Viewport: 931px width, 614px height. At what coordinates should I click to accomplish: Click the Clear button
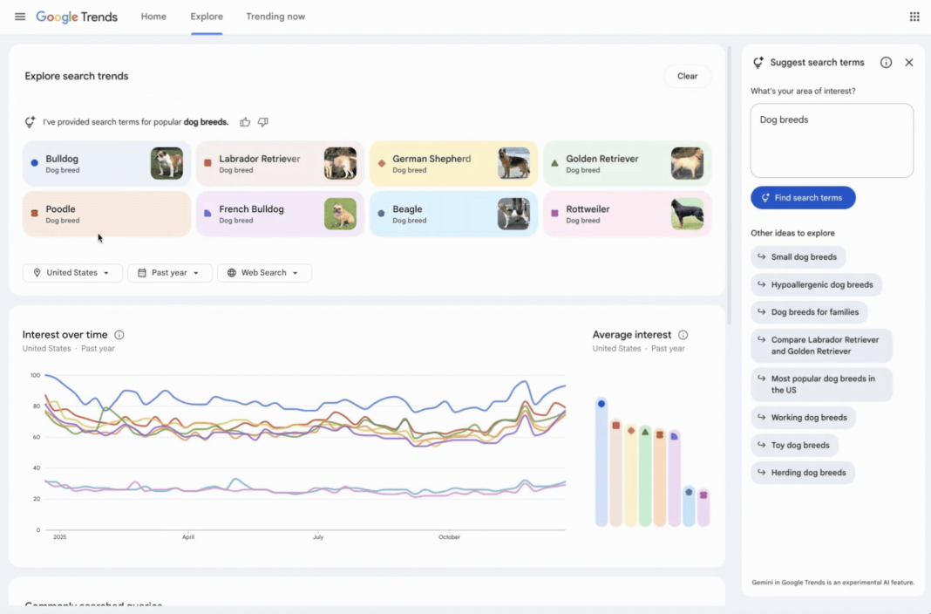point(687,76)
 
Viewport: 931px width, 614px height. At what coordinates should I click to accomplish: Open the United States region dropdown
point(72,273)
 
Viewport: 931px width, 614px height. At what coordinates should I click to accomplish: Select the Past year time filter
point(169,273)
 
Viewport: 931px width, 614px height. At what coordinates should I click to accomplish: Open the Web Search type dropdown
point(264,273)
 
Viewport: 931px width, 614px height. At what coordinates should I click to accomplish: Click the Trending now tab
point(275,17)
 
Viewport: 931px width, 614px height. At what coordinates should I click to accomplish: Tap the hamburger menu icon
point(20,17)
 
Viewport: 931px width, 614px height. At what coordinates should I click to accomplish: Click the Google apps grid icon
point(914,17)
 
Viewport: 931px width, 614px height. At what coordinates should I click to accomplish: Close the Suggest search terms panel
point(908,63)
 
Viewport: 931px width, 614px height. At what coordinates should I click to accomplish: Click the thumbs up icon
point(245,122)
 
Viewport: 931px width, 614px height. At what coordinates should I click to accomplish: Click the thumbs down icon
point(262,122)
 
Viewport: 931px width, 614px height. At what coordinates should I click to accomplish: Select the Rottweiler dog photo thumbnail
point(687,214)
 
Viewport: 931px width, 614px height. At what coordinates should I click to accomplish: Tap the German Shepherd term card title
point(432,159)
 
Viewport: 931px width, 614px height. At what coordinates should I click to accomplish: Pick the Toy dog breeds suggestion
point(794,445)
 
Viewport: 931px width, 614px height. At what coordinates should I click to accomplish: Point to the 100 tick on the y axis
point(35,375)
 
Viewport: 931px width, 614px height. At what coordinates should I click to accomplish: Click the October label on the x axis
point(449,537)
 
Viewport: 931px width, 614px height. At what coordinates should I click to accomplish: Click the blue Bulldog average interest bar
point(601,462)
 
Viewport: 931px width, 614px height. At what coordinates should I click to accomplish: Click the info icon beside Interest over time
point(119,335)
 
